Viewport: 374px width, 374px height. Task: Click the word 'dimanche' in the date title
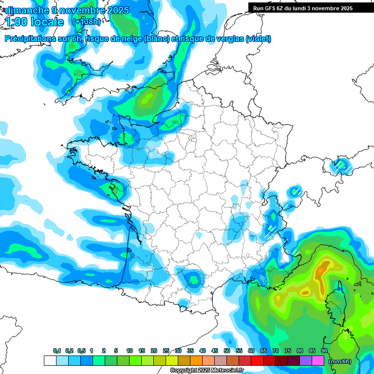[x=23, y=10]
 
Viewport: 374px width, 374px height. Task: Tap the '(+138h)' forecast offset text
[x=87, y=21]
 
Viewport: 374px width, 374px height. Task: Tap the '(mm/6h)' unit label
[x=339, y=361]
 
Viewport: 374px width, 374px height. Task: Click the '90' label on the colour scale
[x=324, y=351]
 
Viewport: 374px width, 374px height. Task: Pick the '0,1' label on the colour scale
[x=56, y=351]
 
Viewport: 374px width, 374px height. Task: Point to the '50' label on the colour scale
[x=227, y=351]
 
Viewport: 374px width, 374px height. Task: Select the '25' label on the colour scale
[x=166, y=351]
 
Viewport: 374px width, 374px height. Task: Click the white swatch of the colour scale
[x=50, y=361]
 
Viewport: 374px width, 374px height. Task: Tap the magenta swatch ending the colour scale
[x=318, y=361]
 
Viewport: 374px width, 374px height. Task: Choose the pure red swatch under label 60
[x=257, y=361]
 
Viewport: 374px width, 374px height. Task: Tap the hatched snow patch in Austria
[x=340, y=166]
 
